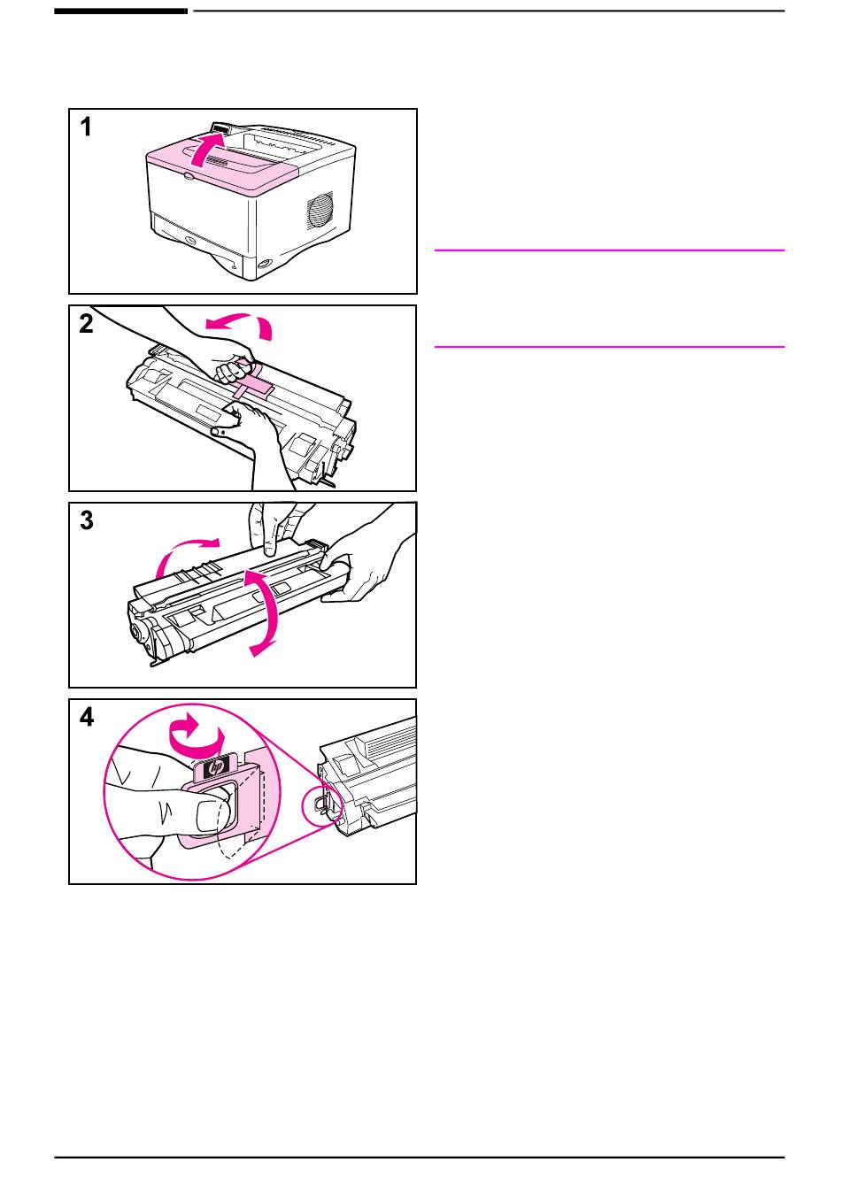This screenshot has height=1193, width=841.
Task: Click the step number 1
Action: (86, 127)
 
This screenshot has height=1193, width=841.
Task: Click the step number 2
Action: (86, 324)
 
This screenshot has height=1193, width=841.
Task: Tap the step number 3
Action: (86, 521)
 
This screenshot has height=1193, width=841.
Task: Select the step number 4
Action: (86, 718)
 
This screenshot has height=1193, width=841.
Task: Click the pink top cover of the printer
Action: (221, 168)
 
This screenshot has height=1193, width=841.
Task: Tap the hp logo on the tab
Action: (217, 767)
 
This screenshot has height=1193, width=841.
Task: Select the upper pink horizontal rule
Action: (609, 250)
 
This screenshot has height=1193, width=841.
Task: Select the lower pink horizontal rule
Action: (609, 347)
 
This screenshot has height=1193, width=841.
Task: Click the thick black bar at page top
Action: (121, 11)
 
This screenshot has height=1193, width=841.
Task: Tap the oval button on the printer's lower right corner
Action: (264, 265)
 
